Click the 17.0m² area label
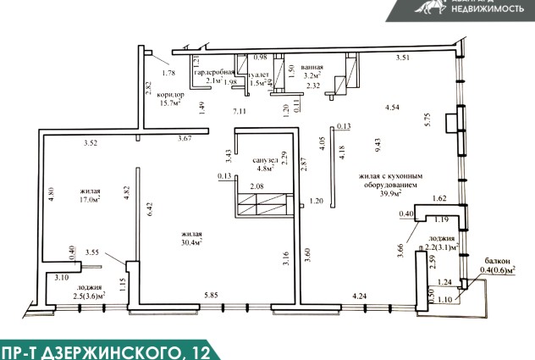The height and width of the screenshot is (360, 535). tap(91, 202)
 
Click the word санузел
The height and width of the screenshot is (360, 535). tap(266, 159)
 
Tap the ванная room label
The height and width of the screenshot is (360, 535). tap(312, 68)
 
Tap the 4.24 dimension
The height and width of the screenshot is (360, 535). tap(359, 296)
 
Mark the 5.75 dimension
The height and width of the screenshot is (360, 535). tap(428, 119)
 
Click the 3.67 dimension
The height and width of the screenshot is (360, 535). tap(185, 138)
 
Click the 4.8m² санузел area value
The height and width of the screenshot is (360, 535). tap(266, 169)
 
